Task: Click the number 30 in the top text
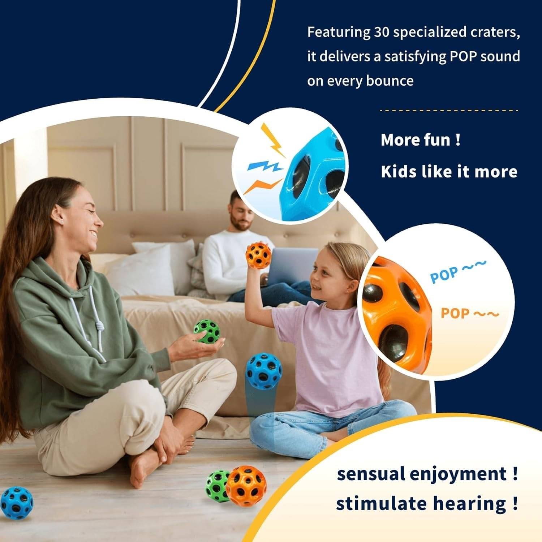[380, 32]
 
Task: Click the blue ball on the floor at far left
[16, 503]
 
